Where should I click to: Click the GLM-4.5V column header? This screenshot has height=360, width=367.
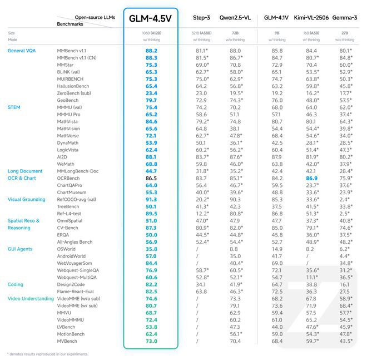click(x=150, y=18)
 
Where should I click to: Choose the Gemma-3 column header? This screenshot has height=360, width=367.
click(x=345, y=18)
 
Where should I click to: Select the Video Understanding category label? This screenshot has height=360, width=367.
click(x=29, y=298)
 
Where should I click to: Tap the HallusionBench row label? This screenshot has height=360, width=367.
click(x=76, y=86)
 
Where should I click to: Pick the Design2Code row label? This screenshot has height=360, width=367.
click(x=73, y=284)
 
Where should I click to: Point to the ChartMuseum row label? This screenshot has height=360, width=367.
click(x=73, y=191)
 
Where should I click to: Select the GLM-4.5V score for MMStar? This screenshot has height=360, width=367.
click(x=151, y=65)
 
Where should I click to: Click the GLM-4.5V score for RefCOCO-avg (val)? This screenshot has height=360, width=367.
click(x=151, y=199)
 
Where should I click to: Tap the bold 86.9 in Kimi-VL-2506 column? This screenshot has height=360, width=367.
click(x=311, y=177)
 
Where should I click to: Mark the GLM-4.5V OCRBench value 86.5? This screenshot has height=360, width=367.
click(x=151, y=177)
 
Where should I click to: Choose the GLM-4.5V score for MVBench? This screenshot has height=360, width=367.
click(x=151, y=341)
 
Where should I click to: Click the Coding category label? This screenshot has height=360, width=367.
click(x=16, y=284)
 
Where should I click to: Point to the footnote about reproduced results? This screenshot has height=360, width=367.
click(x=47, y=354)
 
